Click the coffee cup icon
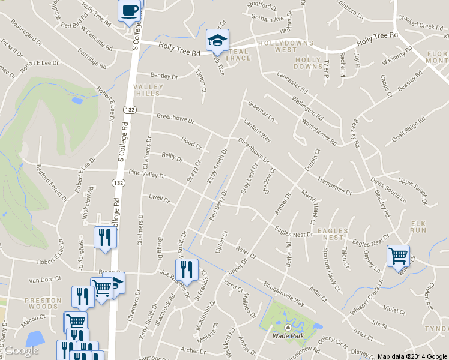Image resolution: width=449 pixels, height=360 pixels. (130, 11)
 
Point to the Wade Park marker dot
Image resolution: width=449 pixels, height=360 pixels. (287, 328)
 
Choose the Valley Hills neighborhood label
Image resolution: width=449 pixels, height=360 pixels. (148, 91)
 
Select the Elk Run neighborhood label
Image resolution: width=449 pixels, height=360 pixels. (418, 226)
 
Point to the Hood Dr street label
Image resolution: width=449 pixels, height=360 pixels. (191, 143)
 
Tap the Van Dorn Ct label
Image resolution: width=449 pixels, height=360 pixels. (46, 280)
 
